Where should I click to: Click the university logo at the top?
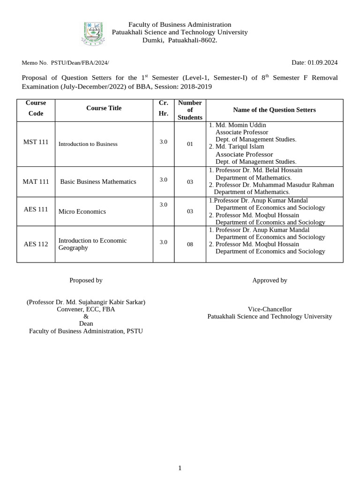[94, 33]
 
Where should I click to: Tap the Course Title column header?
[104, 108]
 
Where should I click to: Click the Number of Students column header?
[190, 110]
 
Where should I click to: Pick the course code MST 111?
[36, 142]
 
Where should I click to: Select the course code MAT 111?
[36, 181]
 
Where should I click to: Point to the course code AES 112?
[36, 244]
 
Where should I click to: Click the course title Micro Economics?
[82, 211]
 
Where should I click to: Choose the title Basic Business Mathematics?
[98, 181]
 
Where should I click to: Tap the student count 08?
[190, 244]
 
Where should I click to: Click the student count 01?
[190, 144]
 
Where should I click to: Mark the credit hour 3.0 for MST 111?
[163, 142]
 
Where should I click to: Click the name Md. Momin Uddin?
[240, 125]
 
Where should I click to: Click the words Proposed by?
[86, 280]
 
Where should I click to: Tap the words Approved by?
[270, 280]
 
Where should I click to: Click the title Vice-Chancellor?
[270, 309]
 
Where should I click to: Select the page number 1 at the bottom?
[180, 468]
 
